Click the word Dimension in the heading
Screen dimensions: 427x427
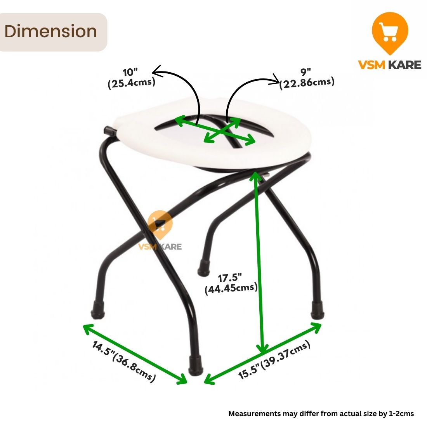coord(50,32)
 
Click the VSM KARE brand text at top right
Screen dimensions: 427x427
coord(389,64)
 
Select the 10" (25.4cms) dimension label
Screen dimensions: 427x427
coord(131,78)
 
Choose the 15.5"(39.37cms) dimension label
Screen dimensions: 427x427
coord(274,360)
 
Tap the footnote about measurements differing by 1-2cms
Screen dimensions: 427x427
coord(321,413)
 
